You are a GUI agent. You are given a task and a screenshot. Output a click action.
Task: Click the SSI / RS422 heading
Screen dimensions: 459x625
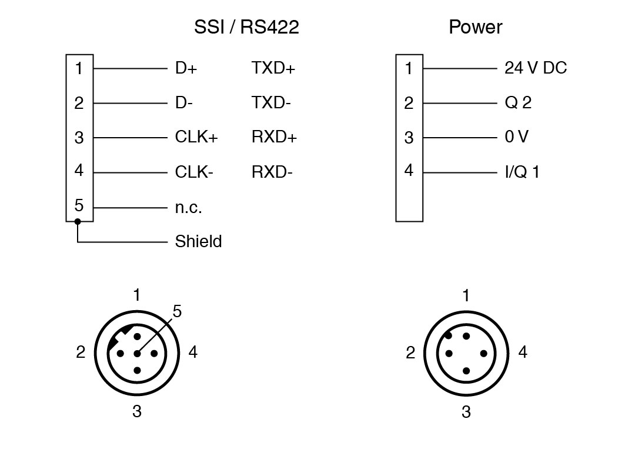pyautogui.click(x=246, y=27)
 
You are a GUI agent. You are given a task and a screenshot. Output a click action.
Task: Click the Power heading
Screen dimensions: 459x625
pyautogui.click(x=475, y=27)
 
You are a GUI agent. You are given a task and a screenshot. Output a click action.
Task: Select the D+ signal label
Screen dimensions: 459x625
pyautogui.click(x=186, y=68)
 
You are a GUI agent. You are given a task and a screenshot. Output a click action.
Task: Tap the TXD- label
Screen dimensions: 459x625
pyautogui.click(x=272, y=103)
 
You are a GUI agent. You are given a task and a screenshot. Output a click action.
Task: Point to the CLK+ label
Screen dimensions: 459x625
pyautogui.click(x=196, y=138)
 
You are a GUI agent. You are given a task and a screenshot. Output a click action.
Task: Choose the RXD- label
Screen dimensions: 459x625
pyautogui.click(x=272, y=172)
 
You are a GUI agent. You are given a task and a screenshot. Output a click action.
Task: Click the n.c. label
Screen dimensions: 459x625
pyautogui.click(x=188, y=207)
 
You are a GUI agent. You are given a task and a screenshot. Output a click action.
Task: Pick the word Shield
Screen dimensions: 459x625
pyautogui.click(x=198, y=241)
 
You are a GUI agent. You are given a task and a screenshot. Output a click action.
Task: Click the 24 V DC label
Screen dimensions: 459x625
pyautogui.click(x=536, y=68)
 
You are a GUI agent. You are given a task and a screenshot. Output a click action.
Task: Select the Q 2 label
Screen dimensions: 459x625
pyautogui.click(x=518, y=103)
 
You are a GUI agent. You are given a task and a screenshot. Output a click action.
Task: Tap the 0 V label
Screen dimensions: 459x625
pyautogui.click(x=516, y=138)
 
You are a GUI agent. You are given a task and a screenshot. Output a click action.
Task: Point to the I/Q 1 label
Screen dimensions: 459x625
pyautogui.click(x=522, y=172)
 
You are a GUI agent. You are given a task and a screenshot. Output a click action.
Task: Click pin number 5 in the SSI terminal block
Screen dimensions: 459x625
pyautogui.click(x=79, y=206)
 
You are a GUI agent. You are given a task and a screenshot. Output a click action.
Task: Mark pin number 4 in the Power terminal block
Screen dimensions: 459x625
pyautogui.click(x=409, y=171)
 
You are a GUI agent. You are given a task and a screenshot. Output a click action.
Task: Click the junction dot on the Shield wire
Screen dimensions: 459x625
pyautogui.click(x=78, y=221)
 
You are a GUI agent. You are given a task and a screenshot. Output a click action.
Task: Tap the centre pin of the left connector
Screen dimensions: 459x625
pyautogui.click(x=137, y=354)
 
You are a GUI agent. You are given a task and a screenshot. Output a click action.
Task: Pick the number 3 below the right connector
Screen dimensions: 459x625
pyautogui.click(x=466, y=412)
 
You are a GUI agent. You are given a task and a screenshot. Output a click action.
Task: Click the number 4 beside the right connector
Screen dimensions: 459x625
pyautogui.click(x=523, y=352)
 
